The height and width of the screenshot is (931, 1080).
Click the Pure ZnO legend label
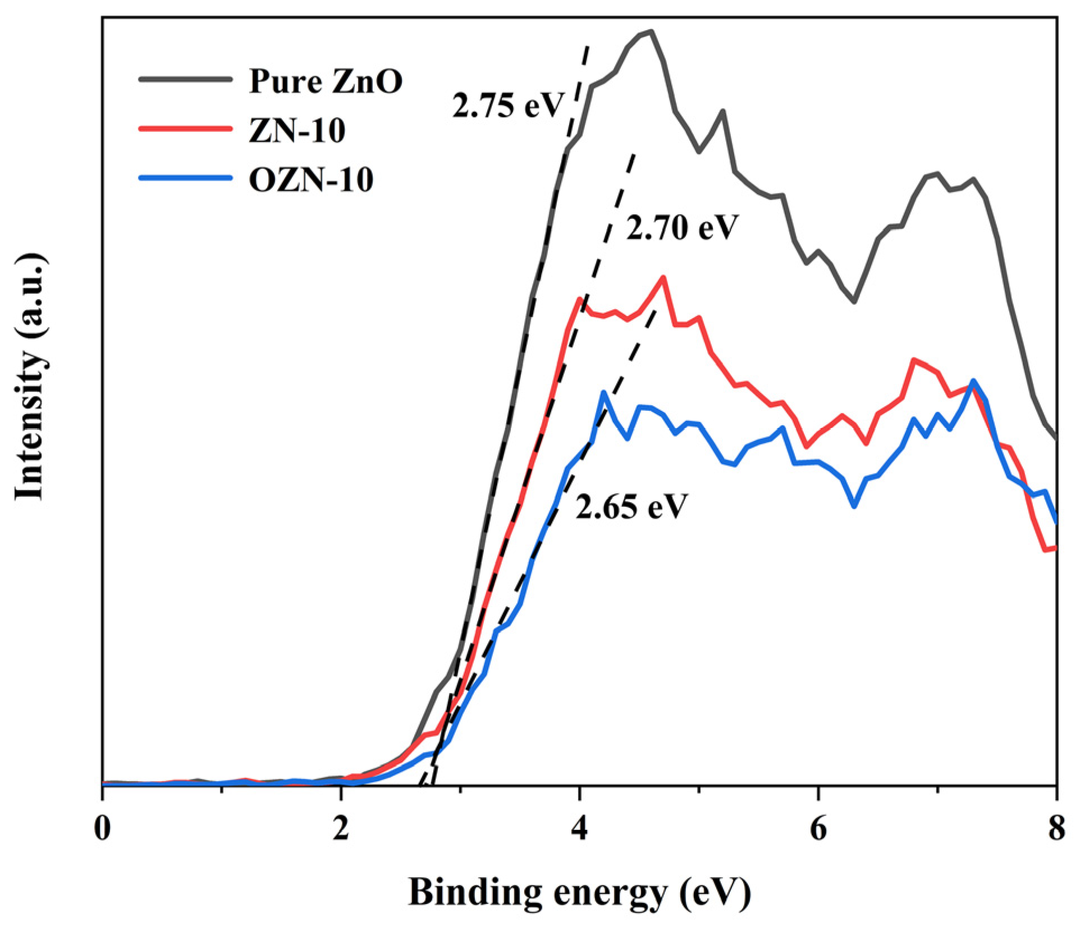(326, 82)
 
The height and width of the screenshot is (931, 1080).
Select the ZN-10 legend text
(297, 131)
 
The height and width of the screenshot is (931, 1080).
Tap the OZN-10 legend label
(311, 180)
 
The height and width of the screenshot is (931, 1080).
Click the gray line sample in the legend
(185, 79)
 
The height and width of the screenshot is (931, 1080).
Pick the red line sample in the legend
(185, 129)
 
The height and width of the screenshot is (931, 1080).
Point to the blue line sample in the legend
(185, 178)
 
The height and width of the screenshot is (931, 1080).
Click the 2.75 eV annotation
(507, 105)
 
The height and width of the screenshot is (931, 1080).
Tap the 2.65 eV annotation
(631, 507)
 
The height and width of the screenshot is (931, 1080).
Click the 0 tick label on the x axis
(102, 828)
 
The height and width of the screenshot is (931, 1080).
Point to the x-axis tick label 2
(341, 828)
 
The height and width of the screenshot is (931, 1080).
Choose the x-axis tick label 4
(579, 828)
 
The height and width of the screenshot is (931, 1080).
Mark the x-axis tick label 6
(818, 828)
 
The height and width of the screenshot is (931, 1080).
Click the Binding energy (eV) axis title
(579, 892)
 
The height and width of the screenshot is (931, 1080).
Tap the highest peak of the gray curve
(651, 31)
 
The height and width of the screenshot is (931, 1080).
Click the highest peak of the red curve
(663, 277)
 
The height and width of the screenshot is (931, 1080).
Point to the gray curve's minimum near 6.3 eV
(854, 302)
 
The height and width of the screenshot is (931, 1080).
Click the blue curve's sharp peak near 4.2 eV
(604, 392)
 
